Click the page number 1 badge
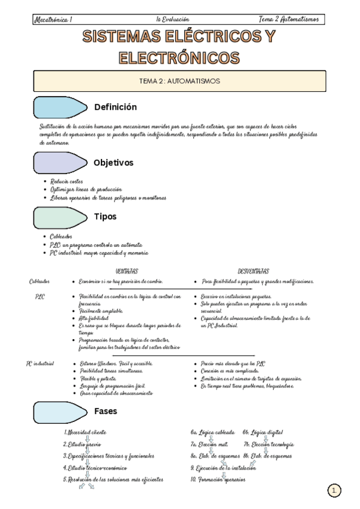click(x=335, y=490)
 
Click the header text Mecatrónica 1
click(x=53, y=20)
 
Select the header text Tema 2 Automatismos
click(x=290, y=20)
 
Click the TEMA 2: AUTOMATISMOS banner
click(x=179, y=80)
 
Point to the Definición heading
click(x=115, y=107)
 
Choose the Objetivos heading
click(x=113, y=163)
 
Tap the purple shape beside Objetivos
click(x=60, y=162)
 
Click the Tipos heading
click(x=106, y=217)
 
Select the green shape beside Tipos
click(x=60, y=217)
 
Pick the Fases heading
click(x=106, y=412)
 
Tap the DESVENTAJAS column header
click(x=253, y=271)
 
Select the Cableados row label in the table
click(x=40, y=282)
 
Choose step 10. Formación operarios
click(x=218, y=480)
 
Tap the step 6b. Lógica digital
click(x=263, y=432)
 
